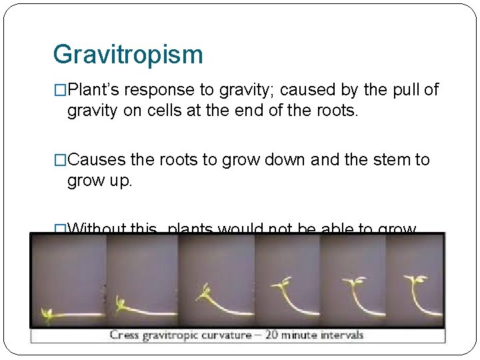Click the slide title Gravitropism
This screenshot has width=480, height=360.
click(127, 55)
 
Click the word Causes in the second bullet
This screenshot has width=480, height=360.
click(99, 160)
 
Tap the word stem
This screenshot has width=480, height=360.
click(387, 160)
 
